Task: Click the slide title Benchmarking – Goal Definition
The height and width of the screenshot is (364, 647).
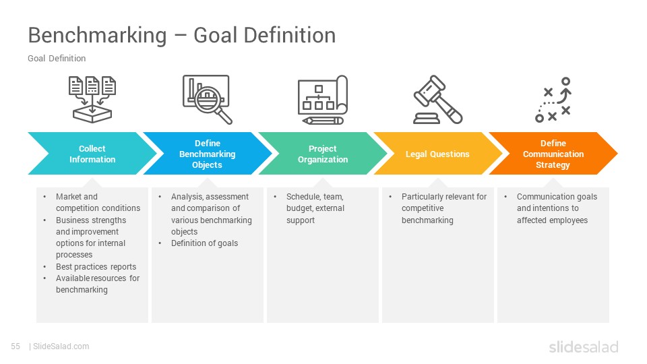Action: point(181,35)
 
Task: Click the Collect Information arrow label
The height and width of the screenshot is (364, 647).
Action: point(92,154)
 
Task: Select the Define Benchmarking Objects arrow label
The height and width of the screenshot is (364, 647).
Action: point(207,154)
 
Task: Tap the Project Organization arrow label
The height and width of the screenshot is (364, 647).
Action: point(323,154)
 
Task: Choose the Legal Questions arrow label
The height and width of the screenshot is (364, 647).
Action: point(437,154)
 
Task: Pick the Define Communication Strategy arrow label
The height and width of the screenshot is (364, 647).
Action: point(553,154)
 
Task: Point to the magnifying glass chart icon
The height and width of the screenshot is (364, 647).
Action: point(207,99)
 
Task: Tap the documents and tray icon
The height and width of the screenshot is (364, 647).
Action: point(92,99)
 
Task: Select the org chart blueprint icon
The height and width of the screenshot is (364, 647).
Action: point(323,100)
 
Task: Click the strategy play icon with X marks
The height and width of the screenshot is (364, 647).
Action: point(553,100)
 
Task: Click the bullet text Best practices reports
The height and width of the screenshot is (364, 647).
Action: point(96,266)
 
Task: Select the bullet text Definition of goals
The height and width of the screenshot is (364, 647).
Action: point(204,243)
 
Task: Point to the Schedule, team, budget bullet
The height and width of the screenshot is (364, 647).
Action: point(315,208)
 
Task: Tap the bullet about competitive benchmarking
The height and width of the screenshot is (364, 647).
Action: point(443,208)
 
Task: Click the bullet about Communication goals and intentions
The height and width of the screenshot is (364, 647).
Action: point(557,208)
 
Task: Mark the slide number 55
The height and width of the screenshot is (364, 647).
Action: point(16,346)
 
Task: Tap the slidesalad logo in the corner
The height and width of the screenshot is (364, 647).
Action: point(583,347)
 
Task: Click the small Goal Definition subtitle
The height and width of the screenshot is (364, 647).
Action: point(57,59)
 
